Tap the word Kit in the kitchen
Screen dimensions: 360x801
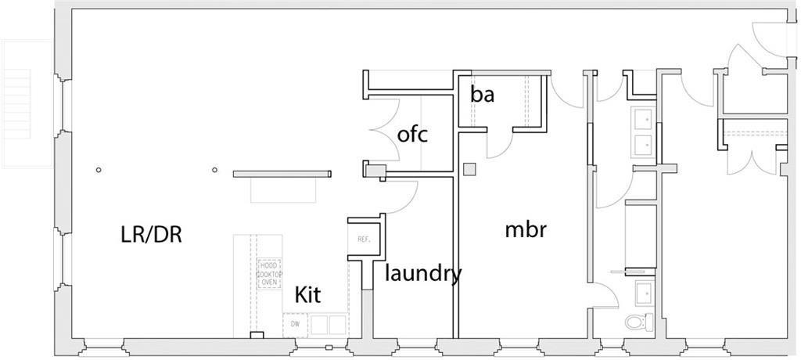point(307,295)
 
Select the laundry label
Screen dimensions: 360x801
point(422,274)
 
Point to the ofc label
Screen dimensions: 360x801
point(412,135)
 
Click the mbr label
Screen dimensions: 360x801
point(524,229)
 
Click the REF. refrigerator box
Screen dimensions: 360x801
point(363,239)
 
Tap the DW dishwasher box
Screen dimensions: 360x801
point(295,324)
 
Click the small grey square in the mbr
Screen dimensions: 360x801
point(469,168)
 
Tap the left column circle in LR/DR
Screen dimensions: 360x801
point(99,170)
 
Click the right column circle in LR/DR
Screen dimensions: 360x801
point(214,169)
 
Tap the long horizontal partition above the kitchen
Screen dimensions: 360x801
point(282,174)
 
